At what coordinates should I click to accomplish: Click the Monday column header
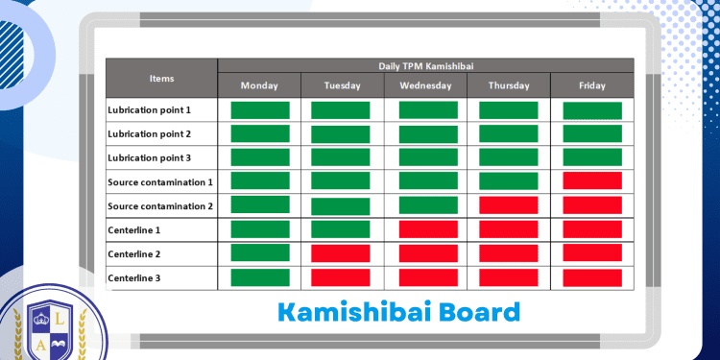pyautogui.click(x=259, y=85)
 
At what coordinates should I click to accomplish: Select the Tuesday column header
pyautogui.click(x=343, y=85)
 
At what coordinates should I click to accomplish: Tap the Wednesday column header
pyautogui.click(x=426, y=85)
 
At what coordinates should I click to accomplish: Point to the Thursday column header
pyautogui.click(x=509, y=85)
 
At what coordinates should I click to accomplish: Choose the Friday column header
pyautogui.click(x=592, y=85)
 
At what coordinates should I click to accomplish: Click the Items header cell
pyautogui.click(x=162, y=78)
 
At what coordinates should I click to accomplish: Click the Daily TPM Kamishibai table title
pyautogui.click(x=425, y=65)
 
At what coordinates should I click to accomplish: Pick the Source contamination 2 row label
pyautogui.click(x=160, y=206)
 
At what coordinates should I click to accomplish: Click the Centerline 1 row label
pyautogui.click(x=134, y=230)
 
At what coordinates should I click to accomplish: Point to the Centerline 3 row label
pyautogui.click(x=134, y=278)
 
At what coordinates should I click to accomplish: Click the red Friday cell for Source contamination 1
pyautogui.click(x=592, y=180)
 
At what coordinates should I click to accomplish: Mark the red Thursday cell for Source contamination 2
pyautogui.click(x=509, y=204)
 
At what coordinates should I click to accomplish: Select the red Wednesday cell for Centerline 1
pyautogui.click(x=427, y=228)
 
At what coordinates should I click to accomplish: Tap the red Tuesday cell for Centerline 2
pyautogui.click(x=341, y=252)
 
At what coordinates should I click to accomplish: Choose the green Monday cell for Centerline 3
pyautogui.click(x=260, y=276)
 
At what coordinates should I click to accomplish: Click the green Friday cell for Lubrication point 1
pyautogui.click(x=592, y=110)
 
